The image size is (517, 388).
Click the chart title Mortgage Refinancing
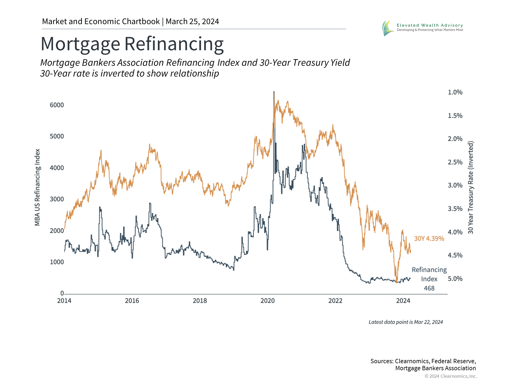point(132,44)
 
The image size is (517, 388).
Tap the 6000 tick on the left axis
point(57,105)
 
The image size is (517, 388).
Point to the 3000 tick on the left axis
point(57,199)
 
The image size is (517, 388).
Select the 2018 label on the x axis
point(200,301)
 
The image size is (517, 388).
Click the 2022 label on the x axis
point(335,301)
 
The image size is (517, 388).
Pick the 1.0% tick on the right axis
point(455,92)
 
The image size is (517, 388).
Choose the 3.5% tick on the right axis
point(455,209)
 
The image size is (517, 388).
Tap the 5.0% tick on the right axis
point(455,279)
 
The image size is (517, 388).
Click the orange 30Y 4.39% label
point(429,238)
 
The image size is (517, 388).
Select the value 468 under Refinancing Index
point(429,288)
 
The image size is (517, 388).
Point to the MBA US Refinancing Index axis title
point(37,187)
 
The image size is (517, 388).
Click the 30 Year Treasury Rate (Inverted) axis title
point(470,187)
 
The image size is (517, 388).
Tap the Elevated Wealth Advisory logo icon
point(388,28)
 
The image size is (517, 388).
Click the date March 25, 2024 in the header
point(192,22)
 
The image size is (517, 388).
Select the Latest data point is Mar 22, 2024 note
point(406,322)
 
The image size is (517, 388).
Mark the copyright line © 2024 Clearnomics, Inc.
point(450,376)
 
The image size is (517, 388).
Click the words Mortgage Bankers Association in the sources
point(435,368)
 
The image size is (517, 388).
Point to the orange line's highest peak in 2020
point(274,92)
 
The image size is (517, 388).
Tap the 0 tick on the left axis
point(62,293)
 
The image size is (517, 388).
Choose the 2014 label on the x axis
point(64,301)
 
